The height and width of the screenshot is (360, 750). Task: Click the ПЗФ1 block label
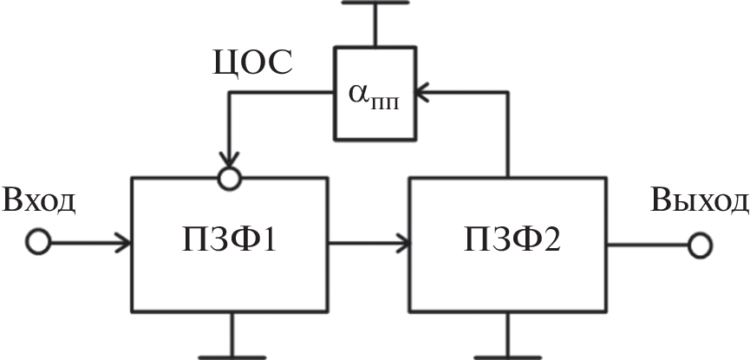229,240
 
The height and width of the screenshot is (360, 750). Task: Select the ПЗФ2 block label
507,240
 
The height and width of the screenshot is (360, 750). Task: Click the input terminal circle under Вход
37,244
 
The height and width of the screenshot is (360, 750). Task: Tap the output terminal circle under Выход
699,245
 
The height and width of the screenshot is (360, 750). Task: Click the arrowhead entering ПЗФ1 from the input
124,244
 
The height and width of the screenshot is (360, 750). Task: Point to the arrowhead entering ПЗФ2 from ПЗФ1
402,244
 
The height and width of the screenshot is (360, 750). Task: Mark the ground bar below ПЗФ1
232,355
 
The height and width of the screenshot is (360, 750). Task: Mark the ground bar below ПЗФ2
510,355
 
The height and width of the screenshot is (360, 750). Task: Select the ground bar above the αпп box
375,3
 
